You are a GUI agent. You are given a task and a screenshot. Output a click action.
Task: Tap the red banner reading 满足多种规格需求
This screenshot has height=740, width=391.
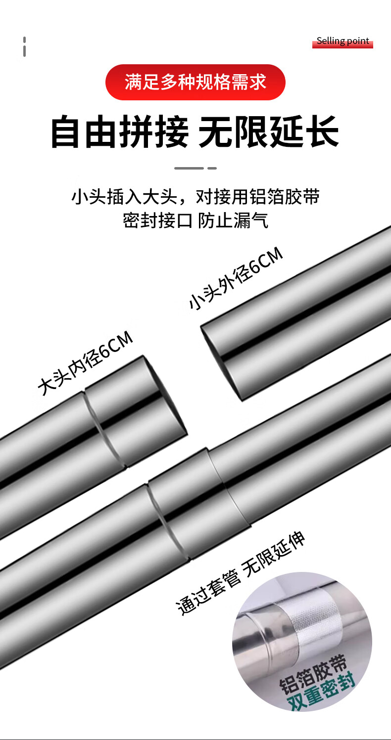point(195,82)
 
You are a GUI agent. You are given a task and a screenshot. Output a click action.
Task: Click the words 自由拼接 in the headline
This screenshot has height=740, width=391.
point(120,131)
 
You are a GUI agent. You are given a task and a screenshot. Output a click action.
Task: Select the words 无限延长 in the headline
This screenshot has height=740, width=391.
point(269,131)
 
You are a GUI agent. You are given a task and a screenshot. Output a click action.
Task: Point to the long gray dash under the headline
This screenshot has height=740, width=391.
point(189,168)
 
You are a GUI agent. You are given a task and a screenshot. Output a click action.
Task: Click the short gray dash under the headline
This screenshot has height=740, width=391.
point(212,168)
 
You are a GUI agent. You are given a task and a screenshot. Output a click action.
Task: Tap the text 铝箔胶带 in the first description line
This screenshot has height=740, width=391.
point(284,197)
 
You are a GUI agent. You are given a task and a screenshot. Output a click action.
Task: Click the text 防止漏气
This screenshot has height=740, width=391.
point(233,220)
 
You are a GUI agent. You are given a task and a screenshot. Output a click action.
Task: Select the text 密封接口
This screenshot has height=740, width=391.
point(157,220)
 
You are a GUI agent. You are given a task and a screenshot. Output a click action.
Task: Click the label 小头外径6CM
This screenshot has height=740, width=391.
point(236,278)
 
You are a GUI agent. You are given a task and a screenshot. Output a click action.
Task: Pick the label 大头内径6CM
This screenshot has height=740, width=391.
point(85,363)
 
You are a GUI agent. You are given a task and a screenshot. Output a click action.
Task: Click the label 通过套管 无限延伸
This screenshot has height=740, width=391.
point(241,573)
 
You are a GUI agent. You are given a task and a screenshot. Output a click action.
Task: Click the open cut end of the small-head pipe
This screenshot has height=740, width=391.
point(222,363)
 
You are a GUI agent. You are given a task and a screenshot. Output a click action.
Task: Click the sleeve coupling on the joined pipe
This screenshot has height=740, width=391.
point(199,504)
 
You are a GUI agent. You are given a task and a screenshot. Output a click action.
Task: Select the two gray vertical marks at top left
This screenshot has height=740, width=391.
point(24,46)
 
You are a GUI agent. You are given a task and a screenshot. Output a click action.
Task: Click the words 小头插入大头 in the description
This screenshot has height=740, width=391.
point(124,197)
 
